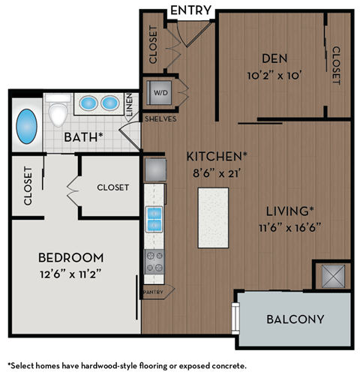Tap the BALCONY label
[x=295, y=319]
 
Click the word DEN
[x=275, y=57]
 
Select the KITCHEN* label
[x=217, y=156]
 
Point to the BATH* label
[x=83, y=136]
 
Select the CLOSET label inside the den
[x=336, y=66]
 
